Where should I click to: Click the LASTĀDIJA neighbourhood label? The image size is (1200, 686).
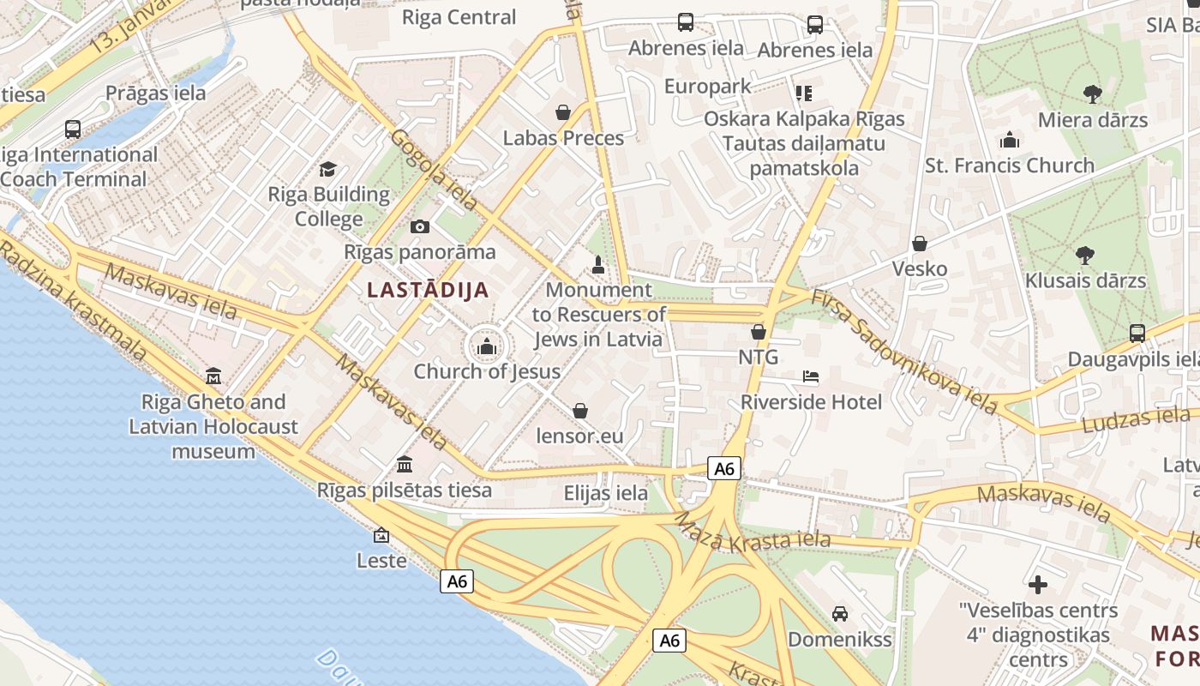coord(428,290)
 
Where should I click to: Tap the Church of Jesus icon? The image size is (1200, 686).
coord(487,347)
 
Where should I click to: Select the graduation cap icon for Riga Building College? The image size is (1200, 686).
coord(327,170)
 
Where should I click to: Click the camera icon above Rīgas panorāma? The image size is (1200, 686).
coord(420,226)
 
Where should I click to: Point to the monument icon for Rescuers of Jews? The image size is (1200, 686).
coord(598,265)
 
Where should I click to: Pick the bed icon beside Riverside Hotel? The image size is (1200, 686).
coord(811,376)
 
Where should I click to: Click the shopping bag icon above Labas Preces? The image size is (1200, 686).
coord(563,112)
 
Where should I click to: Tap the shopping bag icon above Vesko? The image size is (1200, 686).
coord(920,244)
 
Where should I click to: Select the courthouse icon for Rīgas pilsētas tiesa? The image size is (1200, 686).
coord(405,465)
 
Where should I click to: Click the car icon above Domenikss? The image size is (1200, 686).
coord(840,614)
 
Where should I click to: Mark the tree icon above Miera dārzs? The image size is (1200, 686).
coord(1092,93)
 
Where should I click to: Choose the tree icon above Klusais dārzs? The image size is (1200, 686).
coord(1085,255)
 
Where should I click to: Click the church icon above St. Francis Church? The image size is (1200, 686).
coord(1010,140)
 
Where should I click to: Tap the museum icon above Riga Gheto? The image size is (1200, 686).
coord(213,376)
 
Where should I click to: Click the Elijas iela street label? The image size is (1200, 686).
coord(606,493)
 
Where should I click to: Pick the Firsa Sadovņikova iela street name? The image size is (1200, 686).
coord(904,352)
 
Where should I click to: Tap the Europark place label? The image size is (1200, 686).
coord(707,87)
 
